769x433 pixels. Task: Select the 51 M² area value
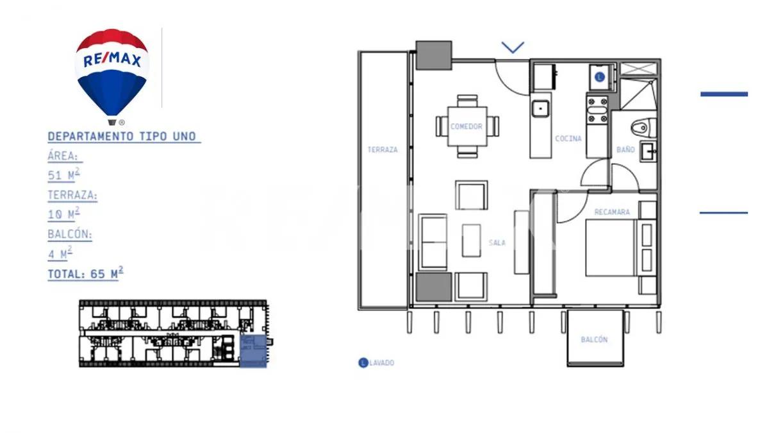(x=63, y=175)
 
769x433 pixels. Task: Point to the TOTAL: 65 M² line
(x=85, y=274)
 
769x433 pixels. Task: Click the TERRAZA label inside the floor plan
(x=383, y=150)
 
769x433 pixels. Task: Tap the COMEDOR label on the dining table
(x=466, y=126)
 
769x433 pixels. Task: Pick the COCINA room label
(x=568, y=139)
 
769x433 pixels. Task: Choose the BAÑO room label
(x=625, y=149)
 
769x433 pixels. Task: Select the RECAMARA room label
(x=611, y=212)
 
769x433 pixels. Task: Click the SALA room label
(x=497, y=243)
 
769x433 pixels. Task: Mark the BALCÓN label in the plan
(x=594, y=340)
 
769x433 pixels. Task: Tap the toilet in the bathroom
(x=641, y=127)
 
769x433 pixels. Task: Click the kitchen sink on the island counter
(x=540, y=108)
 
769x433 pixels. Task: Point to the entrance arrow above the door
(x=513, y=47)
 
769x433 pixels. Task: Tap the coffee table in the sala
(x=472, y=240)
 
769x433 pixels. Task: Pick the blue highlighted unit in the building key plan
(x=253, y=352)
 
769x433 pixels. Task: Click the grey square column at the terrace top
(x=434, y=55)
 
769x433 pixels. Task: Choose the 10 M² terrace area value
(x=63, y=214)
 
